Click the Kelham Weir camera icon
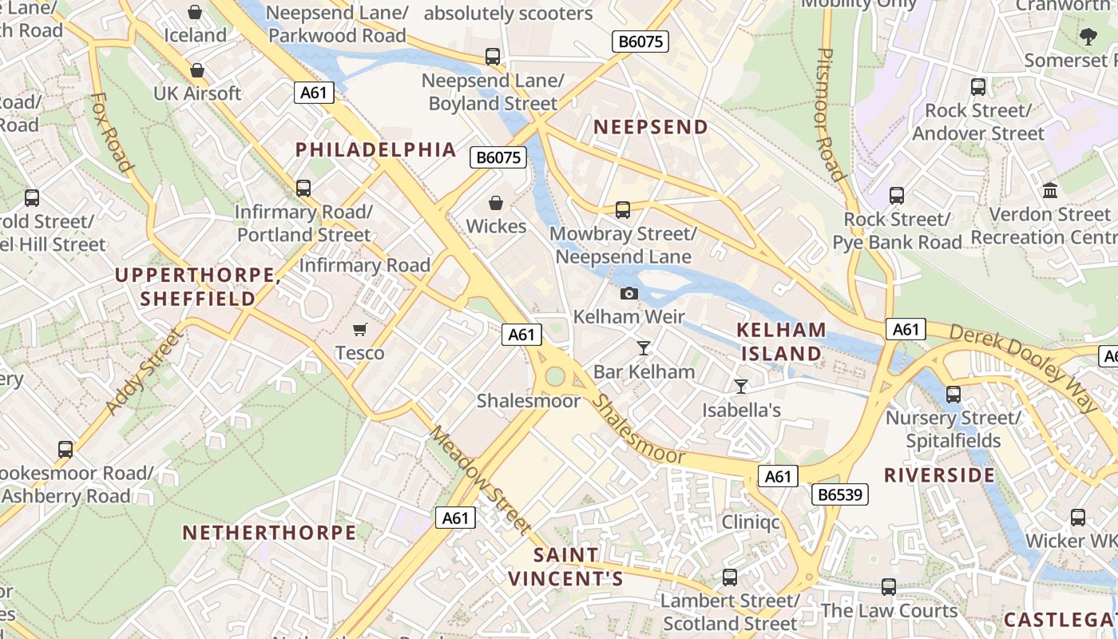point(629,293)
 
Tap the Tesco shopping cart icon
point(360,329)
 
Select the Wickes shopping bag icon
point(496,203)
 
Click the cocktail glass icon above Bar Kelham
point(644,347)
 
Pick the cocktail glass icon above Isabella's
point(741,387)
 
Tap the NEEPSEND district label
point(651,127)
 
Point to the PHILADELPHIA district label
point(376,149)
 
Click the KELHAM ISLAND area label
point(781,341)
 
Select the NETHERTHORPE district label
point(269,532)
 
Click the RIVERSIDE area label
point(939,475)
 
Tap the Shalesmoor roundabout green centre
point(555,375)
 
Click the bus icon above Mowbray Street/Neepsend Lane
point(623,210)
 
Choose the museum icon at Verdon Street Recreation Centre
point(1050,191)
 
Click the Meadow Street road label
point(480,479)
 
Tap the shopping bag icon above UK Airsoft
point(197,70)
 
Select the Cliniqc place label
point(751,522)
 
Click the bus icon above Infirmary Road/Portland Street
point(303,189)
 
